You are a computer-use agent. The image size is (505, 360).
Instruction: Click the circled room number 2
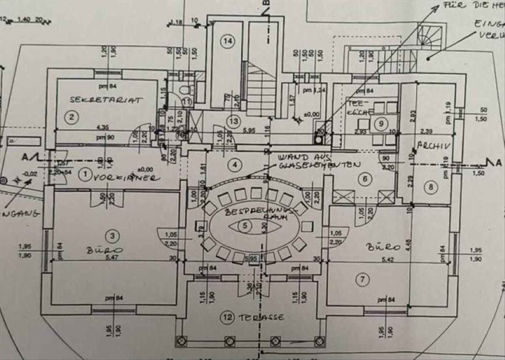pyautogui.click(x=72, y=117)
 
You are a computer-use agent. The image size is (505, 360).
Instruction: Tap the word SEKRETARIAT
pyautogui.click(x=106, y=100)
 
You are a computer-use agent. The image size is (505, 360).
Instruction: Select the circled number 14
pyautogui.click(x=228, y=41)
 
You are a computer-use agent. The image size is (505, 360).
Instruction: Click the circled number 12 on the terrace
pyautogui.click(x=228, y=317)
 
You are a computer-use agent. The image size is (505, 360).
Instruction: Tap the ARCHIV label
pyautogui.click(x=433, y=146)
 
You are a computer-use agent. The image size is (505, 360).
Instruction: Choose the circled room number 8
pyautogui.click(x=431, y=187)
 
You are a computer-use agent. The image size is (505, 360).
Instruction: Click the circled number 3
pyautogui.click(x=112, y=236)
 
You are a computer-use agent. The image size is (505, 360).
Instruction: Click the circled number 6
pyautogui.click(x=365, y=179)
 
